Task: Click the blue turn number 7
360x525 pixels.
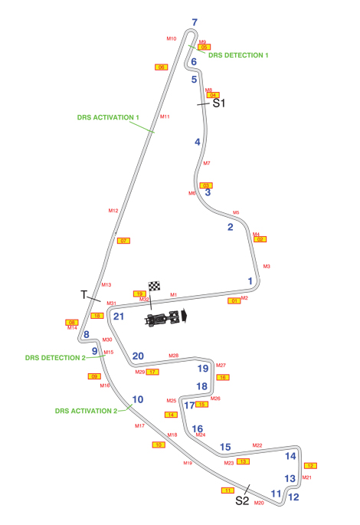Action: pos(195,22)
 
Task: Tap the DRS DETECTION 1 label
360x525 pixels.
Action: pos(238,55)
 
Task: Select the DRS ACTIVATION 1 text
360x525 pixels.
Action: pos(108,117)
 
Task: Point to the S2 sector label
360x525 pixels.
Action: pos(242,500)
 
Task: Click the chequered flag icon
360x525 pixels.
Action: pos(155,286)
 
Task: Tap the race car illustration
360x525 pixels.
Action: pos(165,317)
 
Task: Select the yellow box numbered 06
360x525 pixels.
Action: pos(162,67)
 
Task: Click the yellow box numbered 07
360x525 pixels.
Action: pos(123,241)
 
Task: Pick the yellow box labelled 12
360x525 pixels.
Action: pos(310,465)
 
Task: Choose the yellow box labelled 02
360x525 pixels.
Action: pos(260,239)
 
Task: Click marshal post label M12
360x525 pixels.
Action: pos(113,210)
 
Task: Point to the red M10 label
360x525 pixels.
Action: pos(171,38)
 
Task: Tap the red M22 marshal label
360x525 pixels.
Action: pos(257,445)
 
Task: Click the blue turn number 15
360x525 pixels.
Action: pos(225,447)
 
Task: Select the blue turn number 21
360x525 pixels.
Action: pos(118,316)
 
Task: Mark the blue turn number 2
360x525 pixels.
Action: pos(230,226)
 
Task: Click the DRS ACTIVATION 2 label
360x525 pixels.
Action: pos(86,410)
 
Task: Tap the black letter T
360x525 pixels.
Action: pos(84,294)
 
